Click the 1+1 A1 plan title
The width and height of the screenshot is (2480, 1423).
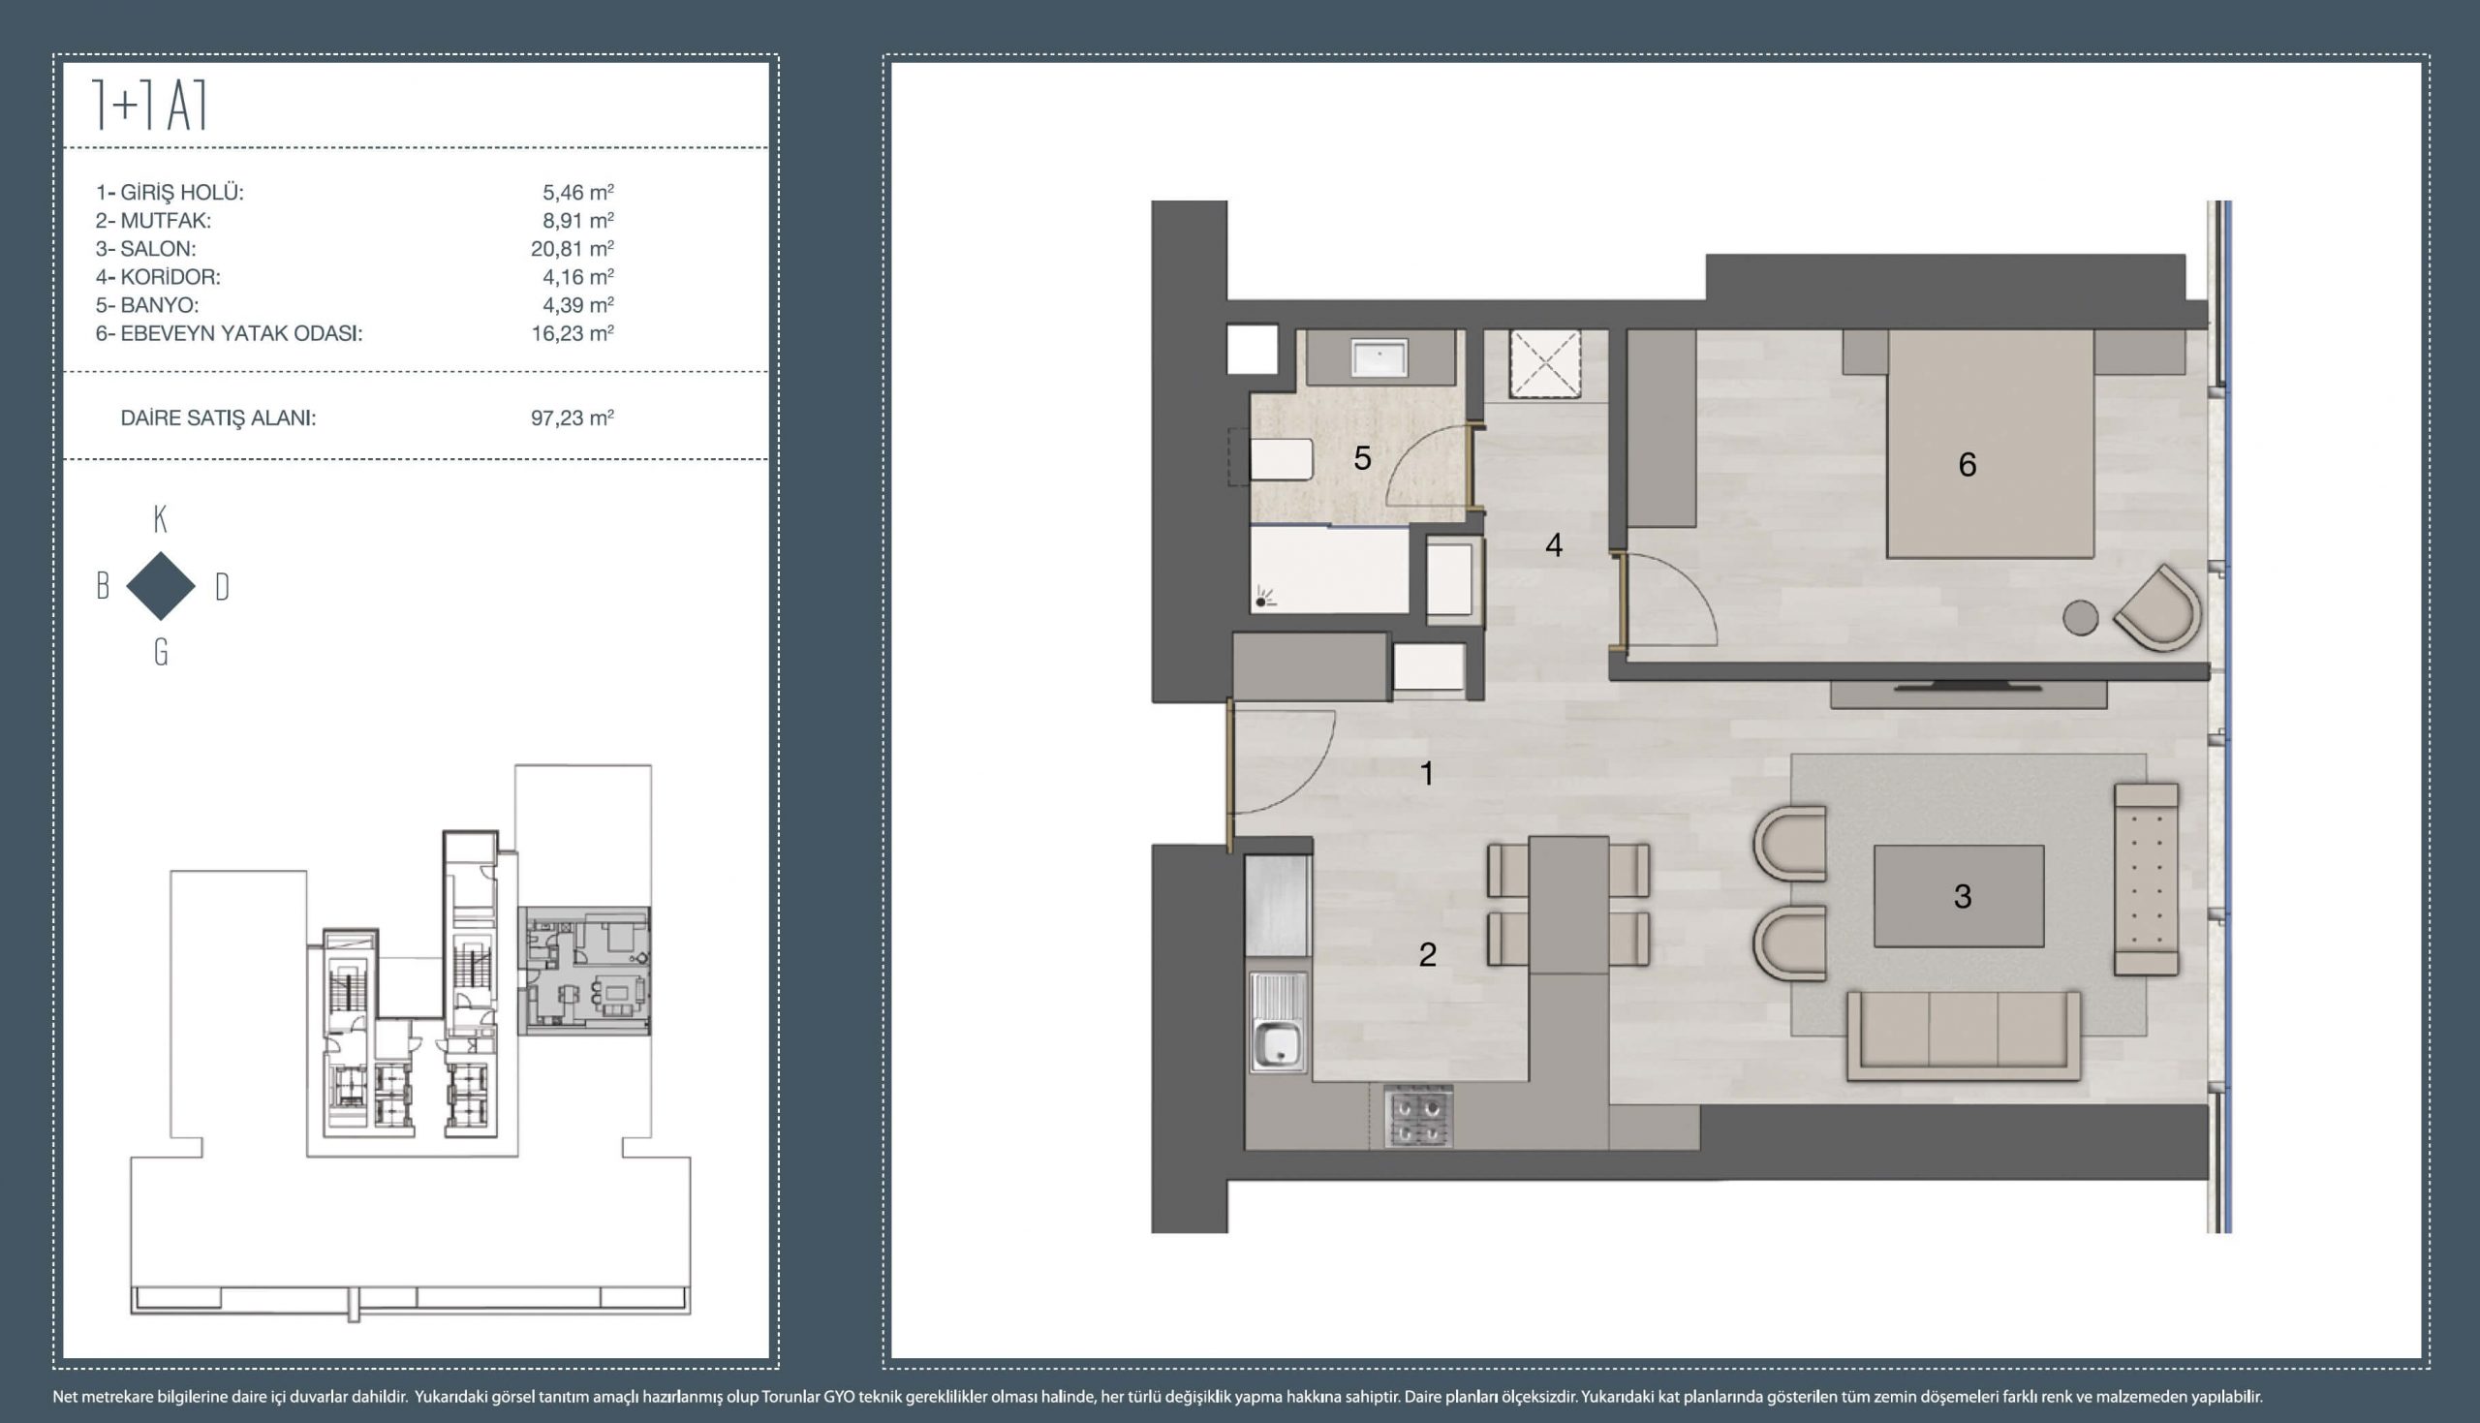[x=149, y=106]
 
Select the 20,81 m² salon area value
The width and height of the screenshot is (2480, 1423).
[x=573, y=248]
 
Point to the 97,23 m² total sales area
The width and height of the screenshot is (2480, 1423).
[x=573, y=418]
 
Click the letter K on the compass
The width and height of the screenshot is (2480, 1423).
[x=161, y=519]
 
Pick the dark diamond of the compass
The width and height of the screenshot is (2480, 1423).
[x=161, y=585]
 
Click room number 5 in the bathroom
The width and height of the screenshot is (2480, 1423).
[x=1362, y=457]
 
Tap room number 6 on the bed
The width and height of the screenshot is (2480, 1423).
[x=1967, y=464]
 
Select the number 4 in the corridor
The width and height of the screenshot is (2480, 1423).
[x=1554, y=545]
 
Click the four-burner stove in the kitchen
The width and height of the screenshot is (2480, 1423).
[x=1418, y=1117]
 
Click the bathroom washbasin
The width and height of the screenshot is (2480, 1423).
[x=1379, y=357]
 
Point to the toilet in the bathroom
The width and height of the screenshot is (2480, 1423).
[x=1279, y=459]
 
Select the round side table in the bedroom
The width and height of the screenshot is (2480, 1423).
[x=2080, y=618]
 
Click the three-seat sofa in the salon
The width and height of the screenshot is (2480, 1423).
[x=1963, y=1036]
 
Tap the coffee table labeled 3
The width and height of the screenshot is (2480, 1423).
[x=1958, y=896]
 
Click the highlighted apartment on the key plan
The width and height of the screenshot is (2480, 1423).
[x=583, y=970]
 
